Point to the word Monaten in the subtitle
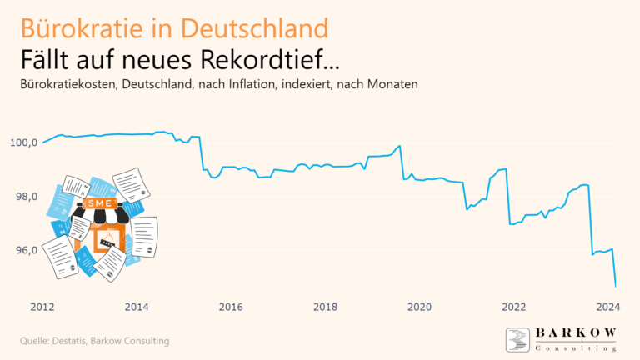392,85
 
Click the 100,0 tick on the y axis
23,142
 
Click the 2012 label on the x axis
42,307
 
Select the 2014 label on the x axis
137,307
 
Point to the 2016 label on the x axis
231,307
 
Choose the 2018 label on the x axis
325,307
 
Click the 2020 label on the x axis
419,307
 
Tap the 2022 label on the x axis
513,307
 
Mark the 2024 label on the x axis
607,307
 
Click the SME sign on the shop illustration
98,202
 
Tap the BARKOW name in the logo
576,333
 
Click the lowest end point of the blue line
615,286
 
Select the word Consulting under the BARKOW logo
576,347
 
